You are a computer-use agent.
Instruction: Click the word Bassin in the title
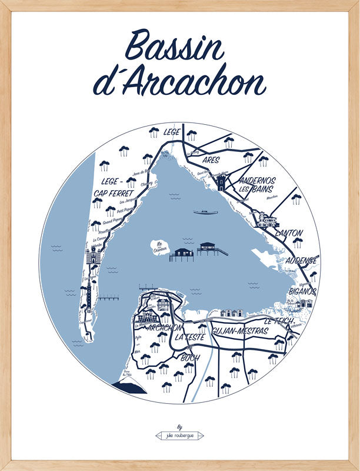coord(175,47)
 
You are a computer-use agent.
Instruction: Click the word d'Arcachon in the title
coord(179,84)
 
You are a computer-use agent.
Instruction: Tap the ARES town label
coord(210,160)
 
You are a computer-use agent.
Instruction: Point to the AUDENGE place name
coord(302,260)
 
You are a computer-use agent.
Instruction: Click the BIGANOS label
coord(302,291)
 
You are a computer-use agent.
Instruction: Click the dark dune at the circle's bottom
coord(131,387)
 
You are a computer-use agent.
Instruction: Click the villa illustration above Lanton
coord(267,221)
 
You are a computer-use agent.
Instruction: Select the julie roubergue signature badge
coord(179,436)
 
